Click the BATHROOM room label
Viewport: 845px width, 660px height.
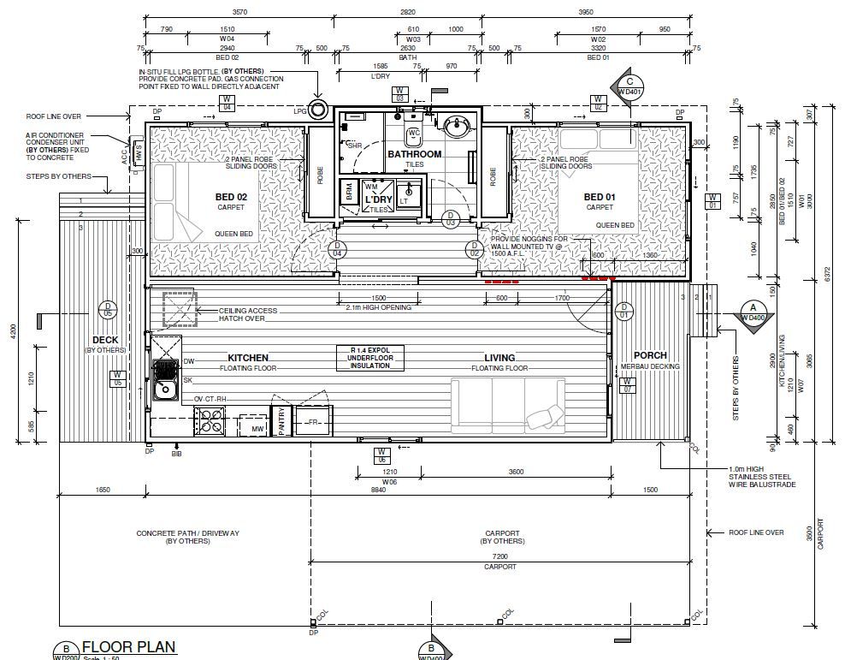(414, 154)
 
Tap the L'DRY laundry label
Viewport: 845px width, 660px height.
(378, 199)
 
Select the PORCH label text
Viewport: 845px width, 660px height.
(650, 355)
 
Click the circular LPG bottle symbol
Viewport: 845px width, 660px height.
(320, 109)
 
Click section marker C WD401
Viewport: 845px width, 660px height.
(629, 86)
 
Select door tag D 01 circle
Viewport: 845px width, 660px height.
(623, 309)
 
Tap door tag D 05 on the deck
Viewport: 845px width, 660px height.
(108, 309)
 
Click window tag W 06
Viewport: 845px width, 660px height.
(383, 455)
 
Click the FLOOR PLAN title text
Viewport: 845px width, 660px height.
(128, 646)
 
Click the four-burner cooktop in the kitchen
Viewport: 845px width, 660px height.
(209, 421)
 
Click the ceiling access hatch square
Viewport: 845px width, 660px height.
(180, 308)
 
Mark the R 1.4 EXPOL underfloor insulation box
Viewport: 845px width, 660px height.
(370, 358)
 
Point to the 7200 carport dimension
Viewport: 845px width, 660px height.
(500, 556)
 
